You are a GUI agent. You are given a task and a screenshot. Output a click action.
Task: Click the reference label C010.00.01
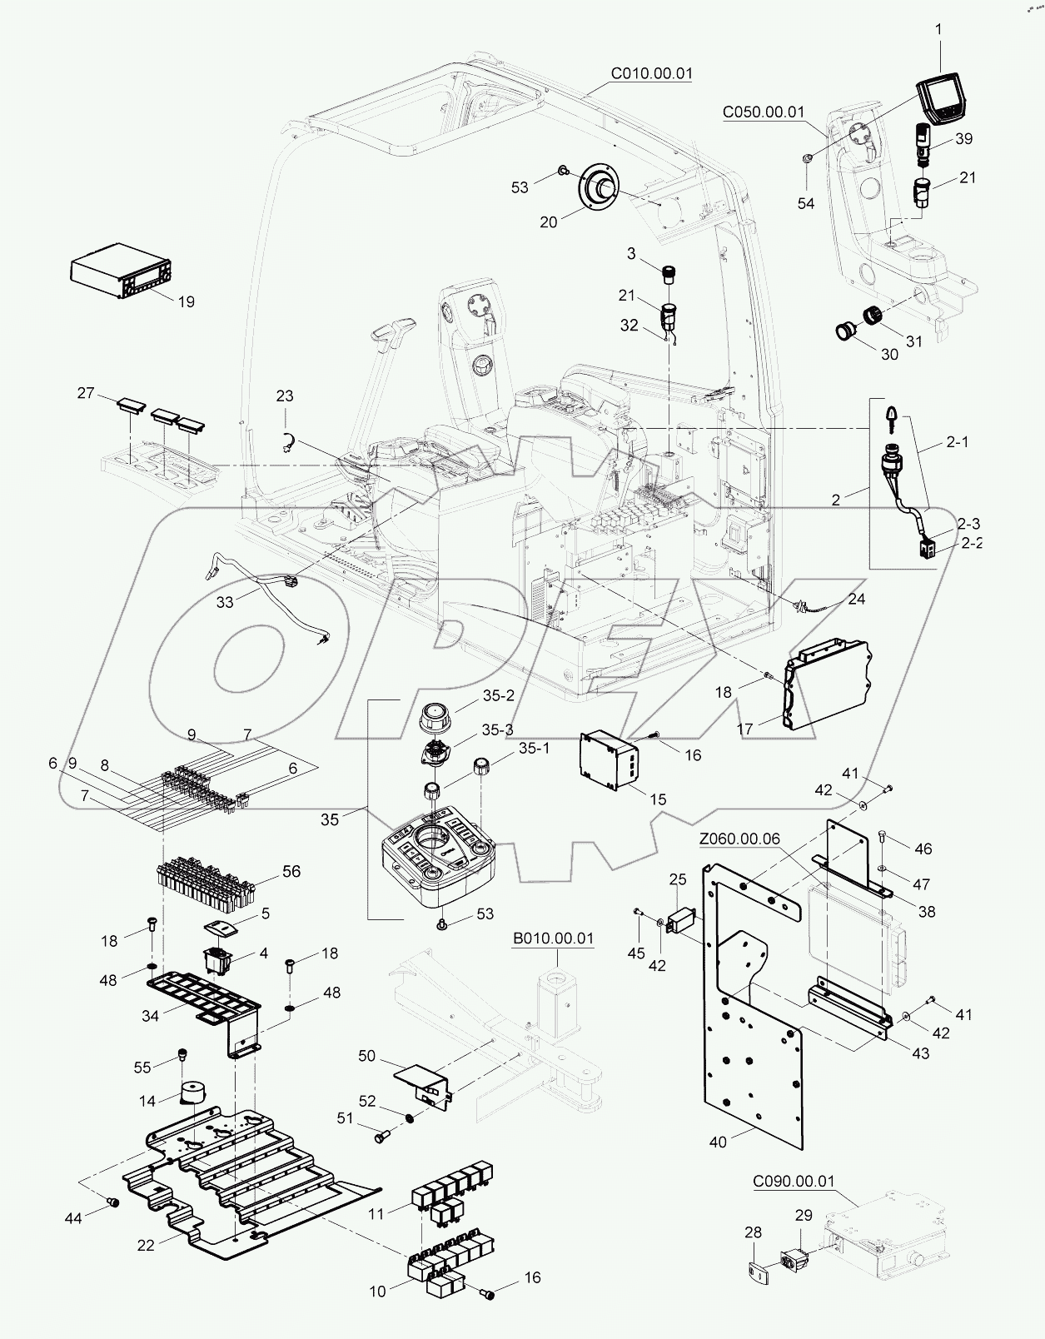tap(651, 73)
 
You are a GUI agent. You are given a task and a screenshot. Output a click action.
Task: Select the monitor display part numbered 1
tap(943, 97)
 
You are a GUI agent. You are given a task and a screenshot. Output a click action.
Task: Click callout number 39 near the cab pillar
tap(963, 139)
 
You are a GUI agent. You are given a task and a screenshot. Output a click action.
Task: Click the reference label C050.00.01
tap(763, 112)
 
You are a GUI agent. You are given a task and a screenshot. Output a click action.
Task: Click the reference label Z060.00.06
tap(739, 839)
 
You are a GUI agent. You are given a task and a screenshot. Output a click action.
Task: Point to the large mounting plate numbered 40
tap(754, 1083)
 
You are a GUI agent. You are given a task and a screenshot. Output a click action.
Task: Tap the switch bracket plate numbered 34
tap(204, 995)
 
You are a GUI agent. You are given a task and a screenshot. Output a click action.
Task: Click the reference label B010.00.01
tap(553, 938)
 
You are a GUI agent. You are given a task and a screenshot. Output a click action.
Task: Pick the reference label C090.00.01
tap(793, 1181)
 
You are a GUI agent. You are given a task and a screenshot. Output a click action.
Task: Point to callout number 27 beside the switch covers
tap(86, 393)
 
